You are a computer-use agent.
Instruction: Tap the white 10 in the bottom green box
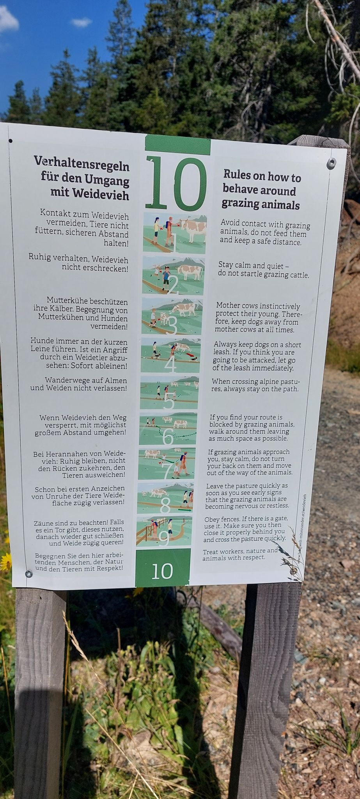pos(162,571)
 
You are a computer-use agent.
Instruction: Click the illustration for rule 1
pos(174,233)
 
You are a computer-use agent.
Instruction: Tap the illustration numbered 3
pos(172,316)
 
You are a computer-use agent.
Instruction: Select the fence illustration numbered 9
pos(164,531)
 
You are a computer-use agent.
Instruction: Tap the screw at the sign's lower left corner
pos(28,574)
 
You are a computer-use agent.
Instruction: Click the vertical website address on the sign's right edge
pos(302,528)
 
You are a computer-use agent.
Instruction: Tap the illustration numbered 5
pos(169,393)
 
